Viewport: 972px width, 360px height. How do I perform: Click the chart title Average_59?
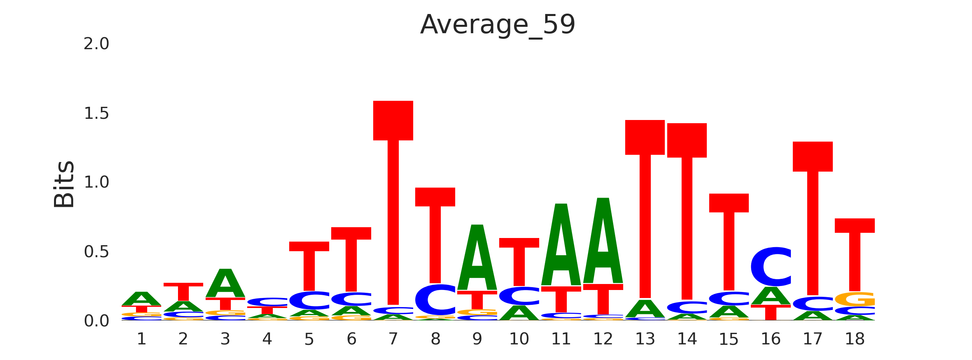point(498,25)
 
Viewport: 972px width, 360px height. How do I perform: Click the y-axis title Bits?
point(64,184)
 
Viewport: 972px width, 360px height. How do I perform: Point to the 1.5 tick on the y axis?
point(96,114)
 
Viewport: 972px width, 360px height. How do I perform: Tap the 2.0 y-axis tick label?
point(96,44)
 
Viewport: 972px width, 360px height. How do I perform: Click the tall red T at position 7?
point(393,200)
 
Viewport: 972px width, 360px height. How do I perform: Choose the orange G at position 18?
point(855,299)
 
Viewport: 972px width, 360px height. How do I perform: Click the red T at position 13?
point(645,208)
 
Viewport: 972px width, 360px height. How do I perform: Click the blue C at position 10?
point(519,296)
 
